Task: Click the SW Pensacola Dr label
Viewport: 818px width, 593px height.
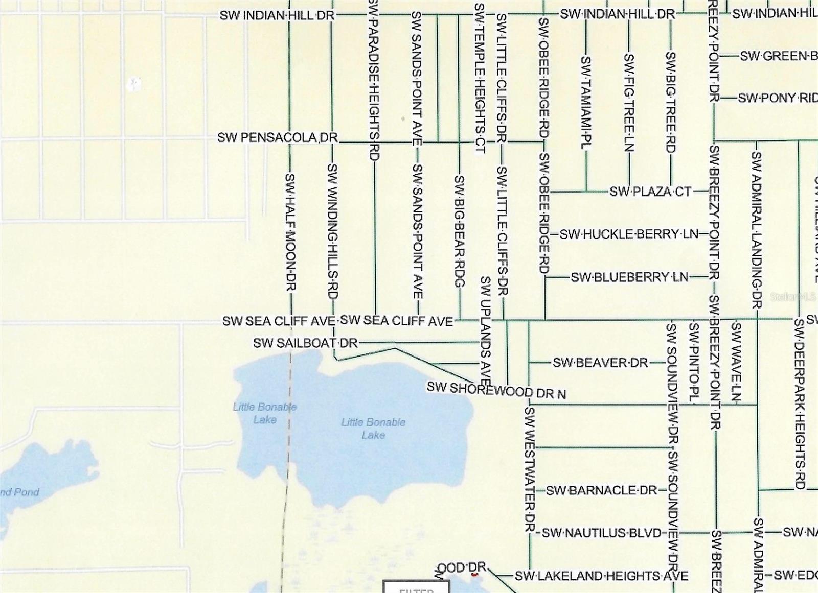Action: tap(278, 138)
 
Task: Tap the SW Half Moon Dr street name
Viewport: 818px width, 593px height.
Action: tap(290, 232)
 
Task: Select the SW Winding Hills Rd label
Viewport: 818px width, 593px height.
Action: tap(333, 231)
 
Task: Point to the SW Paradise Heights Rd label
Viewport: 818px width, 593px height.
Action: tap(374, 80)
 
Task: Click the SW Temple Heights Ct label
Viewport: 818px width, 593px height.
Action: tap(479, 78)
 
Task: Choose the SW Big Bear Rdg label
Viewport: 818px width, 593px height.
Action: tap(460, 231)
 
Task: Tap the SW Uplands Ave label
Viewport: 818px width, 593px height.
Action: tap(486, 331)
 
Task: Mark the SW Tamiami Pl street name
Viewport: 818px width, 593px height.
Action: tap(586, 102)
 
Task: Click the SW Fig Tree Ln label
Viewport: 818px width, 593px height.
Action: tap(629, 102)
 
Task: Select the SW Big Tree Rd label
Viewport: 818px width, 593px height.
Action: tap(671, 102)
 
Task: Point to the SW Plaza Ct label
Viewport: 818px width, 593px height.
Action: tap(650, 192)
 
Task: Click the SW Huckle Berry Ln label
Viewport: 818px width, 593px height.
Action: tap(629, 234)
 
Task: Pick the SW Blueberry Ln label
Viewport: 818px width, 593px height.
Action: tap(629, 277)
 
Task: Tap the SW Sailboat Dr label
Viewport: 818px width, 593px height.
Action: tap(305, 343)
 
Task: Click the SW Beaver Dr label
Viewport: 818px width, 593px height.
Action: tap(600, 363)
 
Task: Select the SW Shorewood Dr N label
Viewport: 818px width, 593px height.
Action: tap(496, 391)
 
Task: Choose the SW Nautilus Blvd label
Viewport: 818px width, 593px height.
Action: tap(601, 533)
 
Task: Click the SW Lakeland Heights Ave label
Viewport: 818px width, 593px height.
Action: tap(601, 576)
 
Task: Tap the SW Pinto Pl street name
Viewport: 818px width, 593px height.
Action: tap(694, 362)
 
